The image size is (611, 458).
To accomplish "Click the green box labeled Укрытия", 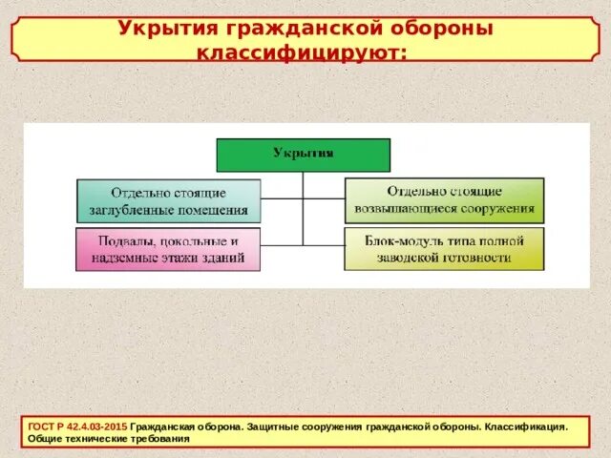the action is coord(303,155).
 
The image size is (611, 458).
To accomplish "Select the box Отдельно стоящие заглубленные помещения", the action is coord(168,201).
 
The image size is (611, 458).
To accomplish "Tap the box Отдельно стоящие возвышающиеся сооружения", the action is coord(444,199).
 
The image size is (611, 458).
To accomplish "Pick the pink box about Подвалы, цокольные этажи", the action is coord(167,249).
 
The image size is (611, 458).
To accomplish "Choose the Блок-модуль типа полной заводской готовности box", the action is coord(444,249).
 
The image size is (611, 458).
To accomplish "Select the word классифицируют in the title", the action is coord(300,52).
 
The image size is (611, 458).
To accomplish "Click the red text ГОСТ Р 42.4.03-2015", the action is coord(76,427).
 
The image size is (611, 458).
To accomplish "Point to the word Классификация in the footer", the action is coord(524,427).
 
